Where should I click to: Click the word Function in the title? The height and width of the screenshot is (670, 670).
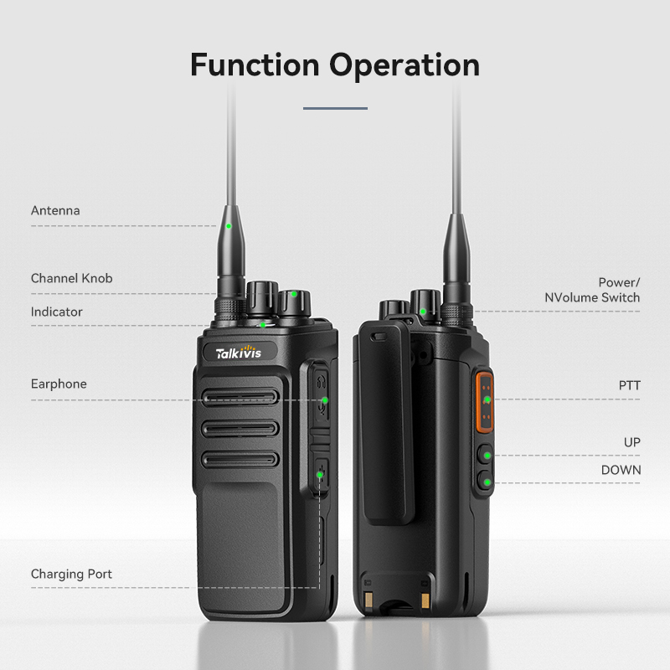255,64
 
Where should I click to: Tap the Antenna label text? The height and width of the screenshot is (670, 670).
55,210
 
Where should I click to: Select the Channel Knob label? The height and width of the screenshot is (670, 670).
71,278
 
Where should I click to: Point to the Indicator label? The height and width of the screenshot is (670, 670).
57,312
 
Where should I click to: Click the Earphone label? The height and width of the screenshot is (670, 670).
59,384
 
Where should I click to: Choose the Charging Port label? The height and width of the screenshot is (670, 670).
71,574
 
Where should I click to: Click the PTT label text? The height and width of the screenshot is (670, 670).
629,385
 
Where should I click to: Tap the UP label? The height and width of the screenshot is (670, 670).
631,441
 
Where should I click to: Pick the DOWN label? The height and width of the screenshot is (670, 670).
621,470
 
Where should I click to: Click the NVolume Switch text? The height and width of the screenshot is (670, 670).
592,297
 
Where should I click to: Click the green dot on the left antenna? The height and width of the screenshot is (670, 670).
228,225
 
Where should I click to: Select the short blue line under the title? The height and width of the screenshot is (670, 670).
335,108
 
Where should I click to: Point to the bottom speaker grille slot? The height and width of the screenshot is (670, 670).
240,459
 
